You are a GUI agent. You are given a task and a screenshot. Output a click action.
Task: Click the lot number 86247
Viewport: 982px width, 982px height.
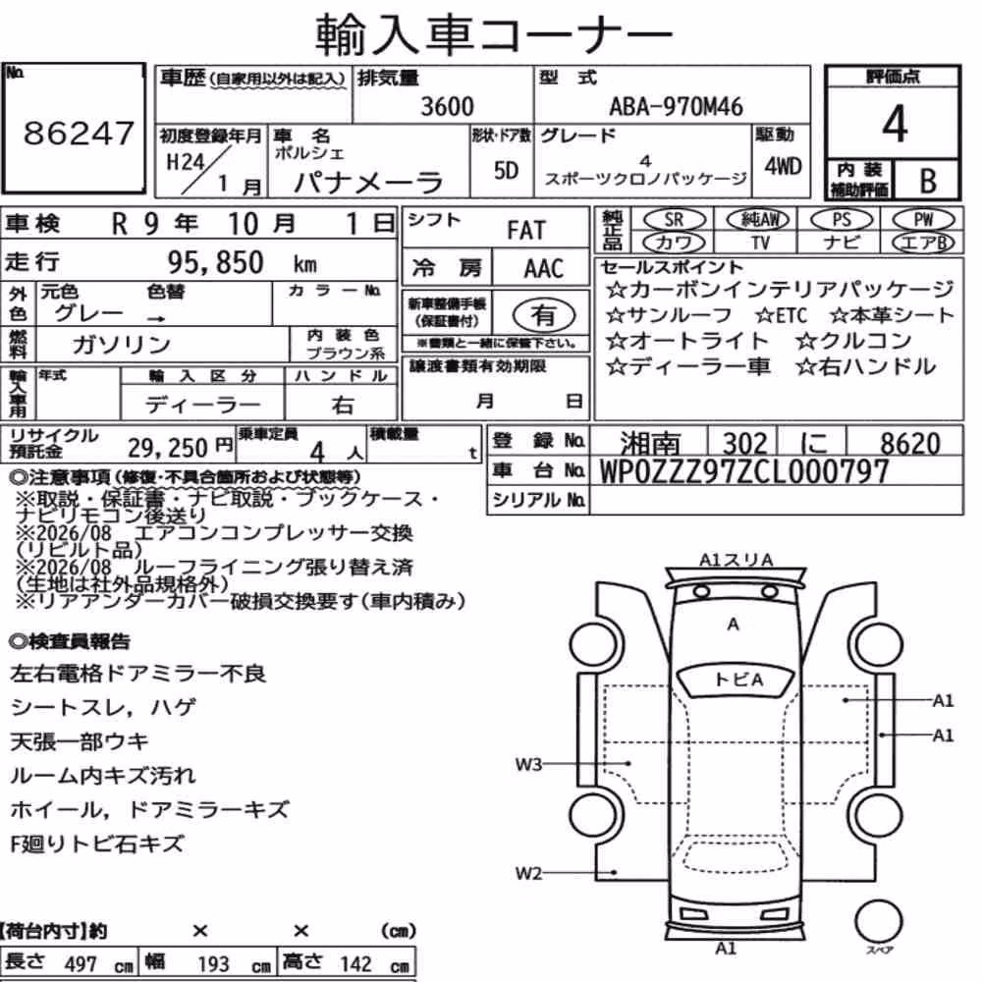click(79, 133)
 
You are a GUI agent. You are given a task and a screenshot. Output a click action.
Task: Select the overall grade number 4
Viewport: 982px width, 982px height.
click(895, 124)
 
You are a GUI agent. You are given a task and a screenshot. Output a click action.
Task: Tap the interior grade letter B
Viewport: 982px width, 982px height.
click(928, 181)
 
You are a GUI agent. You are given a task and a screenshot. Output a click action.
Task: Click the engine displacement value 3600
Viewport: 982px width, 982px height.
click(447, 106)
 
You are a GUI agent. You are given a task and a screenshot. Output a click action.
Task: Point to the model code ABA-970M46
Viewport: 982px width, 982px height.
click(676, 106)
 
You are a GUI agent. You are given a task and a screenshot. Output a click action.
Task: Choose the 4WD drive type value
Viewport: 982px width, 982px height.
click(783, 166)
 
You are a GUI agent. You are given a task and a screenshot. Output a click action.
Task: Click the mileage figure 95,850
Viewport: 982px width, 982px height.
click(215, 262)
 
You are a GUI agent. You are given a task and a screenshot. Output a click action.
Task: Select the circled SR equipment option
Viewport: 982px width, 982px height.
click(674, 219)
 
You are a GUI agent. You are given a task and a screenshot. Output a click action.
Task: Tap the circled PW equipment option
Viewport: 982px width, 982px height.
click(923, 219)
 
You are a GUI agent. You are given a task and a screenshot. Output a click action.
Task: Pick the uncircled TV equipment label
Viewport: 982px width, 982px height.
click(760, 242)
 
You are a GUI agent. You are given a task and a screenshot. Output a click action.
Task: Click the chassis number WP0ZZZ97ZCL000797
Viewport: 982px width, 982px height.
click(744, 471)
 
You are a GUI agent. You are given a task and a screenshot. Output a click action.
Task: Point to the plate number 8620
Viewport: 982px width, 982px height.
click(910, 444)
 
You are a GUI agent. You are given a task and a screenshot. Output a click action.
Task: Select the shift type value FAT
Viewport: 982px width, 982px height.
click(526, 230)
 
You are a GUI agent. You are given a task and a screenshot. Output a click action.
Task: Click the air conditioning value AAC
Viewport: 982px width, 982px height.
click(544, 268)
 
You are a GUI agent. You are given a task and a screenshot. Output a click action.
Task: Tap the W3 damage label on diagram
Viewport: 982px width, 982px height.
click(528, 764)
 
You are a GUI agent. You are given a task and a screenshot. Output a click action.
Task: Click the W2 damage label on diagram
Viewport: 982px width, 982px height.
click(528, 873)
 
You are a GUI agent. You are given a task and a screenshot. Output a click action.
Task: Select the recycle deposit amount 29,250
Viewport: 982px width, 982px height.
click(167, 448)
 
